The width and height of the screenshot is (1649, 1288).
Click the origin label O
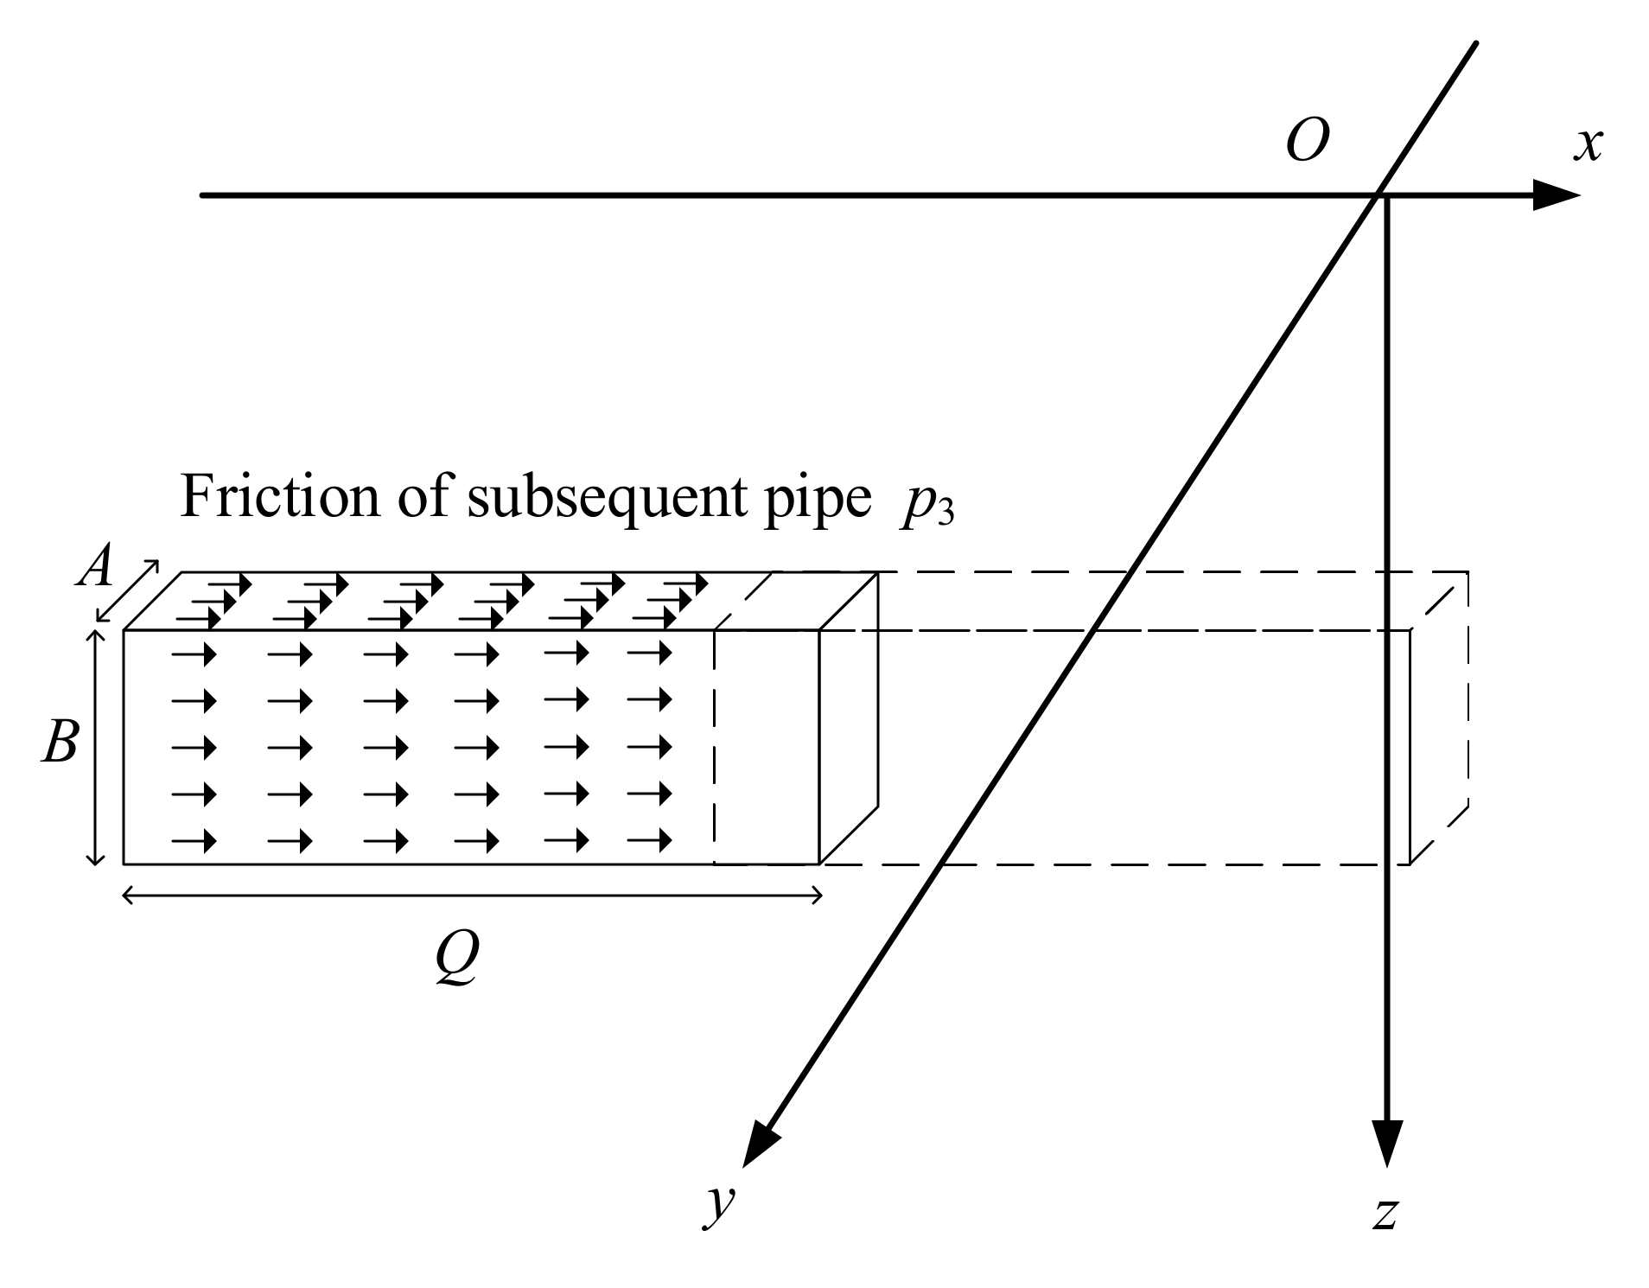coord(1306,141)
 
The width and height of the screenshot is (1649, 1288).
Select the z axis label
coord(1385,1212)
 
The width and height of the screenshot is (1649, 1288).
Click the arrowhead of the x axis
coord(1556,195)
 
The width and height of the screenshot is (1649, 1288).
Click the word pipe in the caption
coord(817,501)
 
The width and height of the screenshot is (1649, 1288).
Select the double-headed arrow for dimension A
coord(127,591)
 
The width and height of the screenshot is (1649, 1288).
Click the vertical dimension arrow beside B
coord(97,747)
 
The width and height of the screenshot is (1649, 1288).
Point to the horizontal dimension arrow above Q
coord(472,896)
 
